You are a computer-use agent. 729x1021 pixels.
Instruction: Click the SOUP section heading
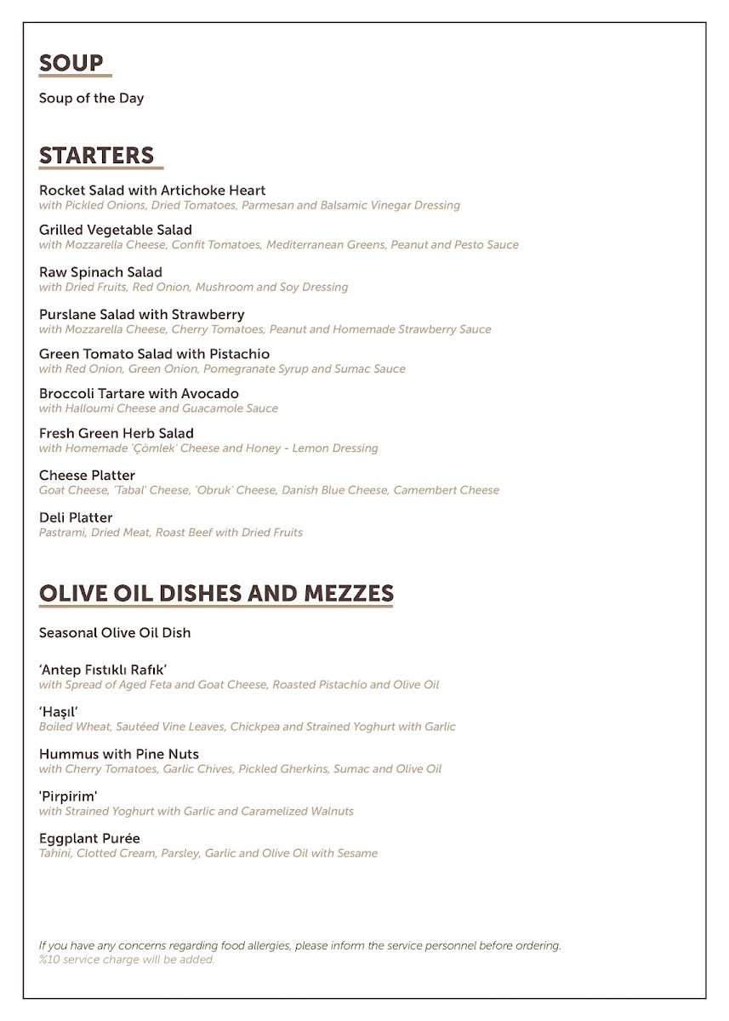coord(71,64)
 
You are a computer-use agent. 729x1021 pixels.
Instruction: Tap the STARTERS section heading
coord(96,156)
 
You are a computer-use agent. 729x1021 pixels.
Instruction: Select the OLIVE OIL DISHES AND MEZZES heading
coord(216,593)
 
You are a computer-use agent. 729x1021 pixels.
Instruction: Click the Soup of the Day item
coord(91,98)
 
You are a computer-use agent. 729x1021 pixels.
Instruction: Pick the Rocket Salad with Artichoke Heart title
coord(152,191)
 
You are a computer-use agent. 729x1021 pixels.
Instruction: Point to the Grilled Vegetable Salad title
coord(116,230)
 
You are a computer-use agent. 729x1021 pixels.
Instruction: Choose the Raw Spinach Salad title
coord(100,272)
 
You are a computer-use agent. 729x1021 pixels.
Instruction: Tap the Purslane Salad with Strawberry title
coord(142,315)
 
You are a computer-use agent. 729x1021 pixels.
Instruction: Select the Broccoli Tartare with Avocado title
coord(139,394)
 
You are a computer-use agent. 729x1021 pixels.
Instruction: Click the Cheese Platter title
coord(87,476)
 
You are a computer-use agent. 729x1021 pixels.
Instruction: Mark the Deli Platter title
coord(76,518)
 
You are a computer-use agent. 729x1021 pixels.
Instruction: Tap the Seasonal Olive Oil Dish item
coord(115,633)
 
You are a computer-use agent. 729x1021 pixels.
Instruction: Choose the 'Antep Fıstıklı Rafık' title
coord(103,670)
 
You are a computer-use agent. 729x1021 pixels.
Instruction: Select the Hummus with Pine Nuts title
coord(119,755)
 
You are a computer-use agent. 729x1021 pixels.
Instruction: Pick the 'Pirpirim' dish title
coord(68,797)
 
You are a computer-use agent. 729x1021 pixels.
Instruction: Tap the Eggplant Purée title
coord(89,839)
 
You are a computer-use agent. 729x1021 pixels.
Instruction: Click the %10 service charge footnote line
coord(127,960)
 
